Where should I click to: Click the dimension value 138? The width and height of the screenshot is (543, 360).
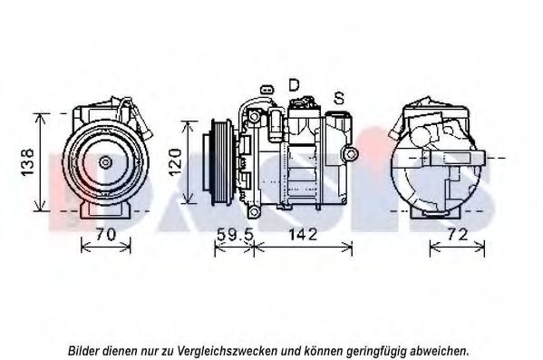27,162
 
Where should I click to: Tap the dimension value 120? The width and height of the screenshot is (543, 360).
176,161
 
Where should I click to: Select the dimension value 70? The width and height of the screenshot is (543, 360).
106,235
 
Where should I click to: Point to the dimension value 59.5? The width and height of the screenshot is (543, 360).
235,235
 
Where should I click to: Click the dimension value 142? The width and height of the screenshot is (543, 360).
303,235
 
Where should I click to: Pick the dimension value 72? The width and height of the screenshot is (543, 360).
458,235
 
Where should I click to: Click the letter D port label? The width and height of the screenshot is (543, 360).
294,85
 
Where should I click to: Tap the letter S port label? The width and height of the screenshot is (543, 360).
339,98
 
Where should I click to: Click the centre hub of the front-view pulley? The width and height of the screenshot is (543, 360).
104,162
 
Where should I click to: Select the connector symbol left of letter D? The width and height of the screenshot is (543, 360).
267,90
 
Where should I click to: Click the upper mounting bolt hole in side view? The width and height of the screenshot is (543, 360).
254,116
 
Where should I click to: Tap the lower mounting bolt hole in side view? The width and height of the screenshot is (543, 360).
254,211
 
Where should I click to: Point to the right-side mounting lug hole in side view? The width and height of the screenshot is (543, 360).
351,153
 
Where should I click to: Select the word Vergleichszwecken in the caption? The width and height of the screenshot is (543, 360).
228,351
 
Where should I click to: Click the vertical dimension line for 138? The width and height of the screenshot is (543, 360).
41,161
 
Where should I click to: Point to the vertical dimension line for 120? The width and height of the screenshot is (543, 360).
188,162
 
